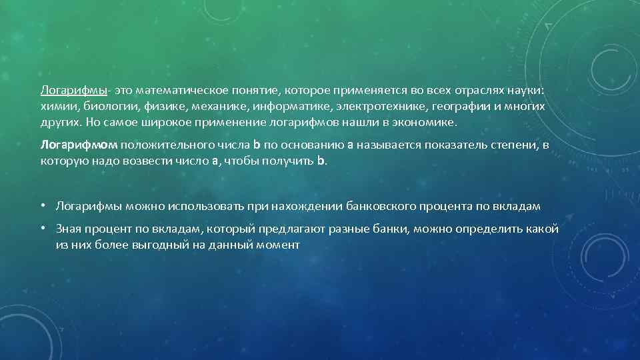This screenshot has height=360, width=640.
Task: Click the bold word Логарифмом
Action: (x=79, y=144)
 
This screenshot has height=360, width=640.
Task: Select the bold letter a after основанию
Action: (x=351, y=144)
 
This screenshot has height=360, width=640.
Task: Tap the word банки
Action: (x=392, y=229)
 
